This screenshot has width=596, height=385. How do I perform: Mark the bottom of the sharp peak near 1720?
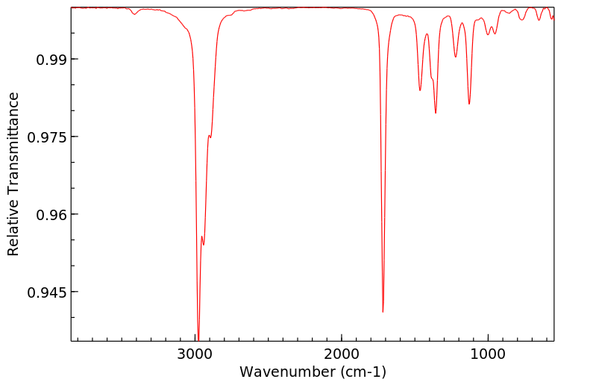point(383,312)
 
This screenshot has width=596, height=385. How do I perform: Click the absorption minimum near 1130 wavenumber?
point(469,104)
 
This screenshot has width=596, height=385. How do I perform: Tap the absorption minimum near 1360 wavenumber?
point(436,113)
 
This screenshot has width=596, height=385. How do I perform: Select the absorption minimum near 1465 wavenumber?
point(420,90)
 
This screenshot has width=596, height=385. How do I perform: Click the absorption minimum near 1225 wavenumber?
point(455,57)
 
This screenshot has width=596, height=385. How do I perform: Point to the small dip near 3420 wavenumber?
point(134,13)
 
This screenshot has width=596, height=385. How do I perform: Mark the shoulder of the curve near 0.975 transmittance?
point(210,136)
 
